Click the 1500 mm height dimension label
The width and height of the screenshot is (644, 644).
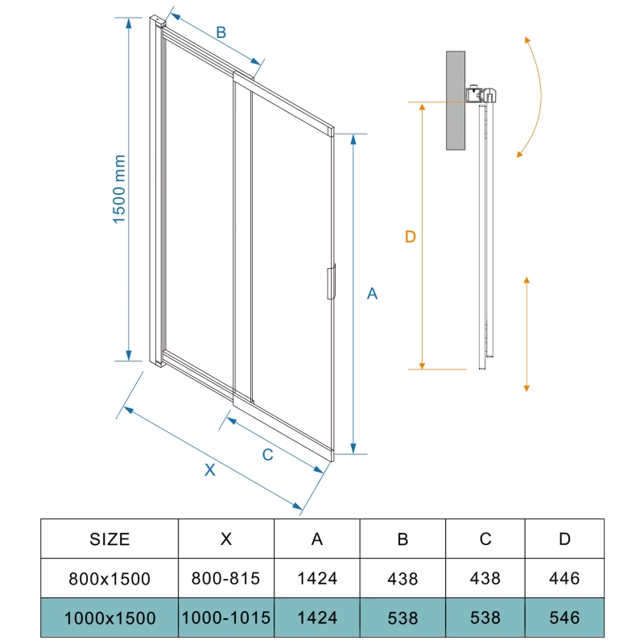pos(119,189)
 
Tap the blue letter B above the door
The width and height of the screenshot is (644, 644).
pos(221,32)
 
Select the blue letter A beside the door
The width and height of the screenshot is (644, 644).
pos(372,294)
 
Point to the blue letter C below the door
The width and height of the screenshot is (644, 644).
pos(268,455)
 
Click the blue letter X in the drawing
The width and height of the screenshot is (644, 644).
pos(210,470)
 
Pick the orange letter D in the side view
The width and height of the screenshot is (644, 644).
pos(411,237)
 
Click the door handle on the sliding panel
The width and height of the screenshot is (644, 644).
pos(332,282)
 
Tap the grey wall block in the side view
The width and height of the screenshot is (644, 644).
pos(456,101)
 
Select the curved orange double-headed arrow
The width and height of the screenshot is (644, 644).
pos(535,97)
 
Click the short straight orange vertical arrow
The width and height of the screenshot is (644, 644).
pos(526,334)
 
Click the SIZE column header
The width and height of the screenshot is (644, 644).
pos(109,539)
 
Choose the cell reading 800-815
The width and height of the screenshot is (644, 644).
pos(226,578)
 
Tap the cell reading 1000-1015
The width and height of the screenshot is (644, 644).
pos(226,617)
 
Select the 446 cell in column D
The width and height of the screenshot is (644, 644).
pos(564,578)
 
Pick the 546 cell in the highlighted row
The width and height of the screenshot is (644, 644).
pos(564,617)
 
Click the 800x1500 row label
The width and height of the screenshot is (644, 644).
pos(109,579)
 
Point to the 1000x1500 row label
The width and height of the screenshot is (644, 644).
pos(109,618)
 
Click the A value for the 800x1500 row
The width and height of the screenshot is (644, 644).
pos(317,578)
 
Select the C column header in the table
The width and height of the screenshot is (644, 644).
pos(485,539)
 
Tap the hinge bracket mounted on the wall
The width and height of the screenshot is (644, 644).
pos(481,94)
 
